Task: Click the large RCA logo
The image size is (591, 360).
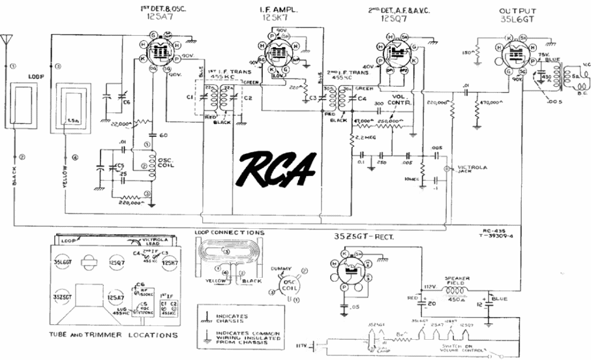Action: [x=278, y=168]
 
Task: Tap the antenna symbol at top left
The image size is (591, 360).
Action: [x=8, y=40]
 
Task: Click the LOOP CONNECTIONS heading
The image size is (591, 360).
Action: [x=229, y=232]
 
